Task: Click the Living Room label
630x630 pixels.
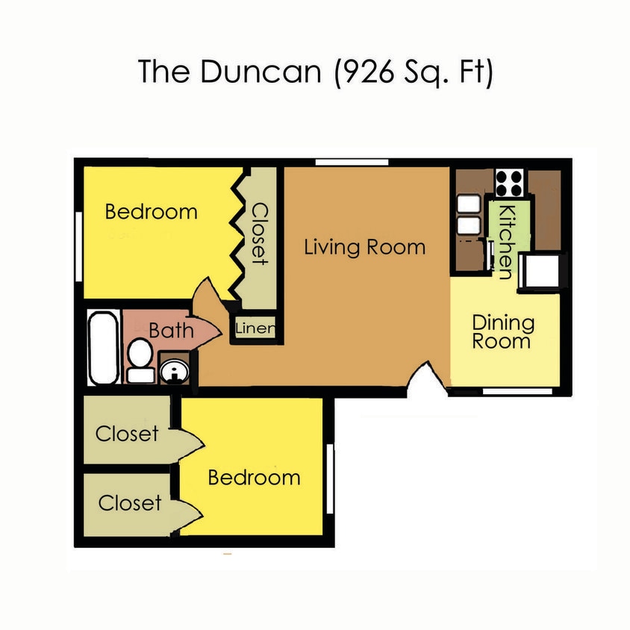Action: pyautogui.click(x=364, y=247)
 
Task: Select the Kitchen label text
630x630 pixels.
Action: pyautogui.click(x=505, y=241)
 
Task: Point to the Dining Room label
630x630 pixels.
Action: pyautogui.click(x=503, y=332)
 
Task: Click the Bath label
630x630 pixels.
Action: pyautogui.click(x=171, y=329)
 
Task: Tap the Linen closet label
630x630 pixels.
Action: pyautogui.click(x=255, y=328)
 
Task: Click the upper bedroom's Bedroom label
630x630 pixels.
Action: pyautogui.click(x=151, y=212)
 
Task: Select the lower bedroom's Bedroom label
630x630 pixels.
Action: pyautogui.click(x=254, y=478)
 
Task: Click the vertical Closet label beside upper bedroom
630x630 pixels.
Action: pyautogui.click(x=259, y=234)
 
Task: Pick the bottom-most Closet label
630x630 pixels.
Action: pyautogui.click(x=129, y=503)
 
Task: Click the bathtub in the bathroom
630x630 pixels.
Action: pyautogui.click(x=102, y=348)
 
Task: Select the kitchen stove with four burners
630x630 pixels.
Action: pyautogui.click(x=509, y=181)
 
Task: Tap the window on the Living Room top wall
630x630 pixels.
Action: pyautogui.click(x=351, y=162)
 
